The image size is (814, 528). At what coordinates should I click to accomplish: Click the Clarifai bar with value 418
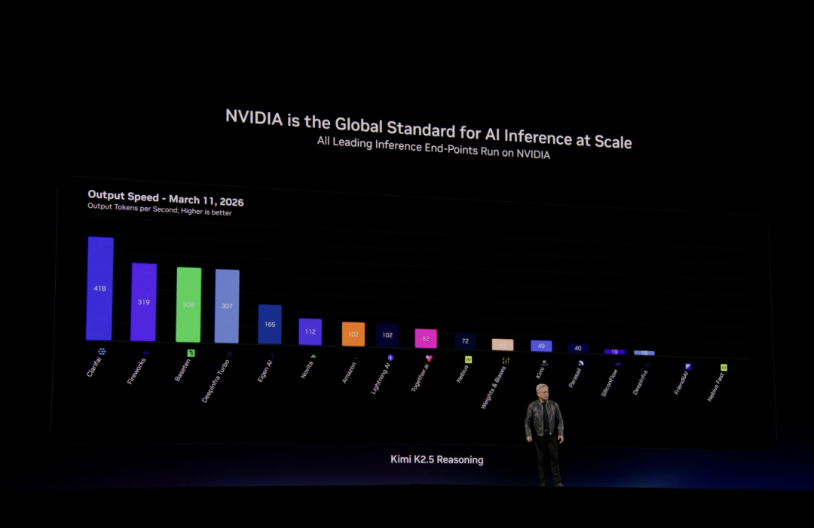click(99, 288)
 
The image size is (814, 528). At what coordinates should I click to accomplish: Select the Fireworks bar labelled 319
click(143, 302)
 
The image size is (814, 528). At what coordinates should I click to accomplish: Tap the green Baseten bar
click(188, 304)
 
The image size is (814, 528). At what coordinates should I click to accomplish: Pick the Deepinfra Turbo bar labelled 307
click(227, 306)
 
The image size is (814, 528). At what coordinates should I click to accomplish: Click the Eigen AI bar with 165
click(270, 325)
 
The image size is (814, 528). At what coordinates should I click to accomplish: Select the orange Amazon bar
click(353, 334)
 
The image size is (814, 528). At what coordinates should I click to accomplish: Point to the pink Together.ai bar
click(426, 338)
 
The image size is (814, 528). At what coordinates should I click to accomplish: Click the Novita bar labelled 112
click(310, 331)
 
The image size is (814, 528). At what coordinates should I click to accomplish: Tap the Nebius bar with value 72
click(465, 340)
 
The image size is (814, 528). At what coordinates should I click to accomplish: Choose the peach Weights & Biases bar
click(503, 344)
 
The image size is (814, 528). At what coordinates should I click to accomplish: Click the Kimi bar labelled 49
click(541, 346)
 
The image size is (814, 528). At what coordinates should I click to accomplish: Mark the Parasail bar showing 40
click(578, 348)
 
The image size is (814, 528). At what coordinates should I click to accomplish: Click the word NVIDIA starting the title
click(254, 118)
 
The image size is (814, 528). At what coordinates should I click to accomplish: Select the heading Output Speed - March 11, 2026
click(165, 199)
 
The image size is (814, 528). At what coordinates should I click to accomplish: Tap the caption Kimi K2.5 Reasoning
click(436, 459)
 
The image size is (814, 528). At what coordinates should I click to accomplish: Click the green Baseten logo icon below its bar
click(191, 353)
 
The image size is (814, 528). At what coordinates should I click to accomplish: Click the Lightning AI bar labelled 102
click(387, 335)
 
